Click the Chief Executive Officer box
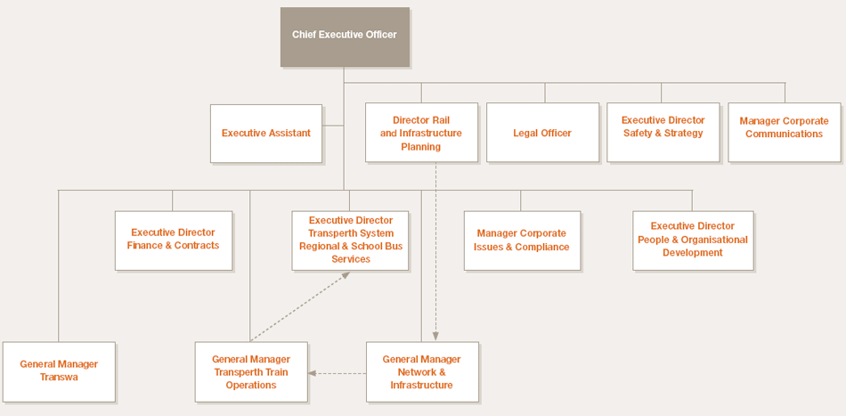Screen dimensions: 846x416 pos(345,37)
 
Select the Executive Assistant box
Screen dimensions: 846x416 pos(266,134)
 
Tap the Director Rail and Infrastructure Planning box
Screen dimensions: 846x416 pos(421,132)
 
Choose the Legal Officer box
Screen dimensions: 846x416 pos(543,132)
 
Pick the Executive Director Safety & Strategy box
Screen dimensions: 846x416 pos(663,132)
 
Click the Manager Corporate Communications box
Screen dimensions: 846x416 pos(785,132)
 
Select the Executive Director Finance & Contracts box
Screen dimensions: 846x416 pos(174,241)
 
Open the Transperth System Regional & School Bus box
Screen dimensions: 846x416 pos(350,241)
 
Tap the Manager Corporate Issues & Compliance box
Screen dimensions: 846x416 pos(522,241)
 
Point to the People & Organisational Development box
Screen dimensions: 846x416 pos(694,241)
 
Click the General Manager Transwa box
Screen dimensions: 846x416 pos(59,371)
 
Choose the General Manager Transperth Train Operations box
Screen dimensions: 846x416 pos(251,371)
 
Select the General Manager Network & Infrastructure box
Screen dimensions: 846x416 pos(422,371)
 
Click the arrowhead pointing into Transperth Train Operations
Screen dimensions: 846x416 pos(312,373)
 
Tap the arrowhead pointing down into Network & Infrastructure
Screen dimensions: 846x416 pos(436,338)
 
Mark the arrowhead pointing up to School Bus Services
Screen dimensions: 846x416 pos(346,274)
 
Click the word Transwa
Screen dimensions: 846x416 pos(59,377)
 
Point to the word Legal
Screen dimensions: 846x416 pos(525,134)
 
